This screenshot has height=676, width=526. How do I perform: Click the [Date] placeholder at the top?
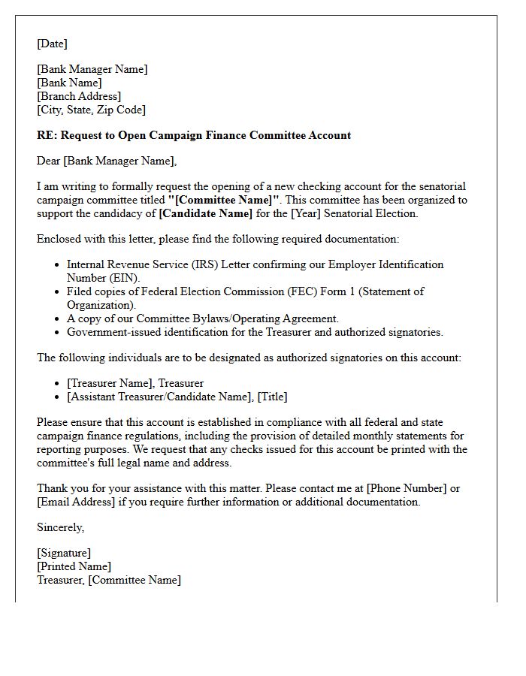tap(52, 44)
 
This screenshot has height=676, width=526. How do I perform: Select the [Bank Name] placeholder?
tap(69, 83)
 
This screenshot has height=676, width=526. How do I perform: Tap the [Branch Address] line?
tap(79, 96)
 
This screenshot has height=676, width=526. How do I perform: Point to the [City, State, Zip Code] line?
tap(91, 110)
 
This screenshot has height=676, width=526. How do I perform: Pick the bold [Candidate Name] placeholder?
tap(205, 213)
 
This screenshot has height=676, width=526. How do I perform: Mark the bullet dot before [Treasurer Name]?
tap(57, 384)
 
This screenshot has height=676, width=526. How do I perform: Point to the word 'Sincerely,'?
tap(60, 527)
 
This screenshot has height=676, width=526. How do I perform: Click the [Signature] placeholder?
tap(64, 553)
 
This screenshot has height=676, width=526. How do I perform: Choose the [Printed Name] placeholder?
tap(74, 566)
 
